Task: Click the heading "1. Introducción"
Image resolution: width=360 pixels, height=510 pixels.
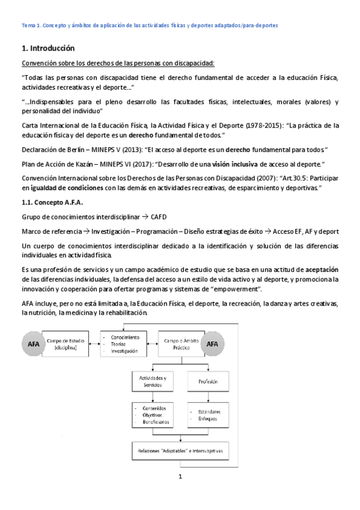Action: click(x=48, y=48)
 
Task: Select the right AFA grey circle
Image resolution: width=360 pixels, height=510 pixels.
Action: click(x=212, y=345)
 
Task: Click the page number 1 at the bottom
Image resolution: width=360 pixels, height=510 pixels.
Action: click(x=180, y=477)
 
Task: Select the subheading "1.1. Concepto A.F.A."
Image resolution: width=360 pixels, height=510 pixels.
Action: click(x=54, y=202)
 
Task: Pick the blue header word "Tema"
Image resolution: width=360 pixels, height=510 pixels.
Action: click(x=28, y=25)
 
